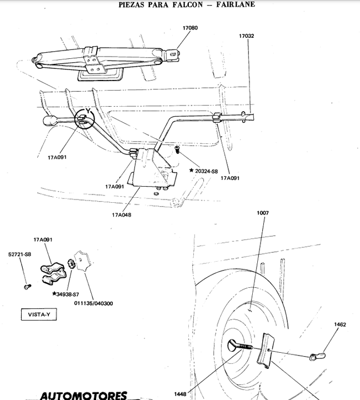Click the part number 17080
point(190,28)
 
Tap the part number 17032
point(247,36)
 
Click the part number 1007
point(262,213)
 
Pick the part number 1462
point(340,324)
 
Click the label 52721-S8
point(19,254)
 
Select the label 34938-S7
point(68,293)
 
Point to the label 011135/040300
point(94,303)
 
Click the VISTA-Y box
point(38,314)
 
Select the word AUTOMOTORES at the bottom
point(83,396)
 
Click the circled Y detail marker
point(86,118)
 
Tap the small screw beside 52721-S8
point(27,286)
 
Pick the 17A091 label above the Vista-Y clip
point(43,239)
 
